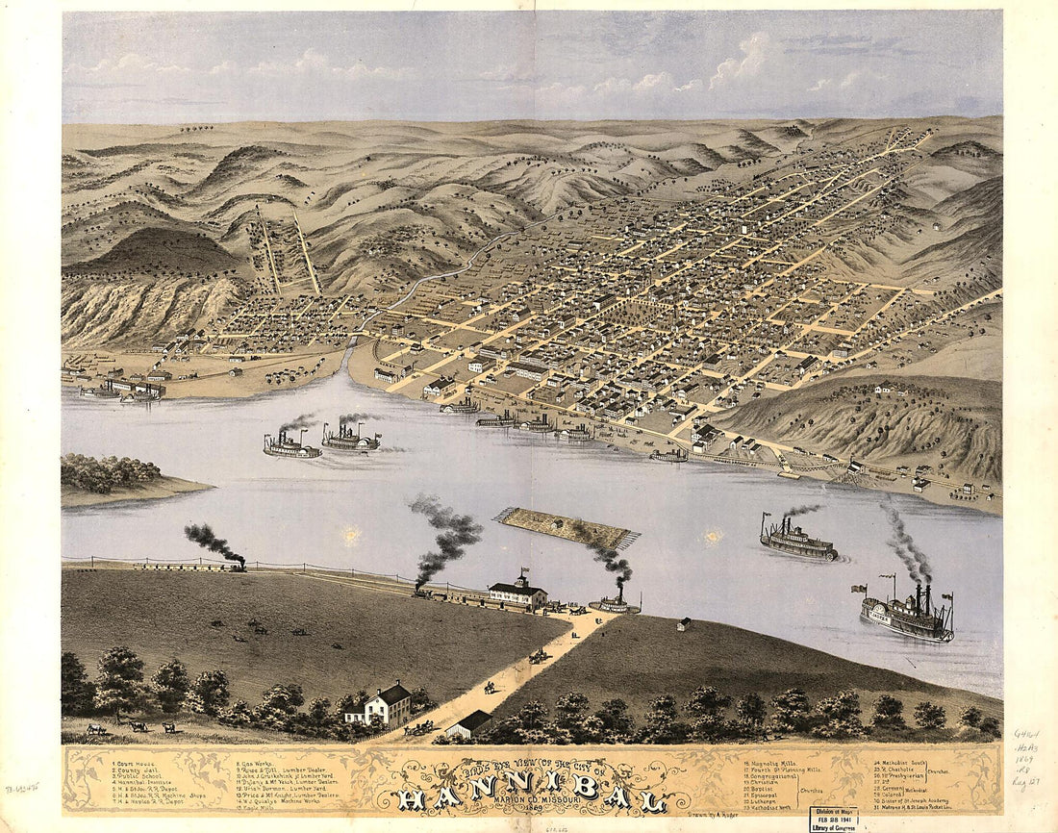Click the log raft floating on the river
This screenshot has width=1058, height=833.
click(x=567, y=527)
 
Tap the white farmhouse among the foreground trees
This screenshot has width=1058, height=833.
click(x=380, y=706)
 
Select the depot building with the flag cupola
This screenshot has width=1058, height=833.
click(x=516, y=593)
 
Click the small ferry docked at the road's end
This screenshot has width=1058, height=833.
click(x=615, y=603)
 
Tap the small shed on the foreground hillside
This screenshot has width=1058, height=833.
click(x=684, y=624)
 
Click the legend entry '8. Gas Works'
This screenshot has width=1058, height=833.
click(x=260, y=762)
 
